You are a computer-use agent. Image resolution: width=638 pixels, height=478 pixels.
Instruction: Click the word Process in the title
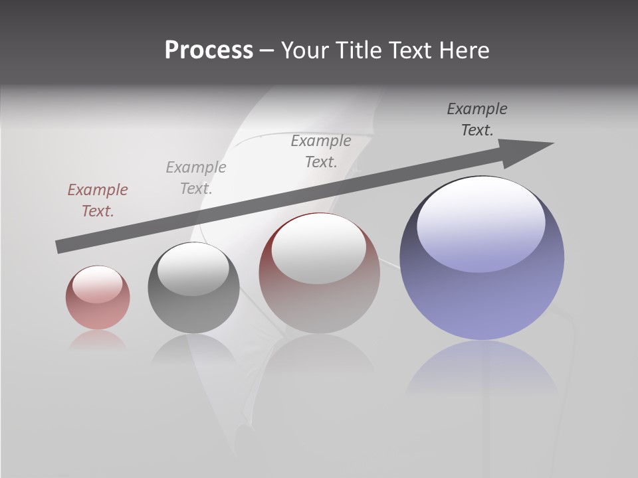click(x=209, y=50)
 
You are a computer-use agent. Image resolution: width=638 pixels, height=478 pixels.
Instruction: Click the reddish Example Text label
click(x=98, y=200)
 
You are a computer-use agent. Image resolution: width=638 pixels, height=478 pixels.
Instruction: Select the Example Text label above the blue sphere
click(x=477, y=119)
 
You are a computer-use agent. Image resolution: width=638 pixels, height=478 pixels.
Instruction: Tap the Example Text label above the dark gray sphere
click(x=196, y=178)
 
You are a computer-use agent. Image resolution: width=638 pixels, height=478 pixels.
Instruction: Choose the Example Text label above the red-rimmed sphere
click(x=321, y=151)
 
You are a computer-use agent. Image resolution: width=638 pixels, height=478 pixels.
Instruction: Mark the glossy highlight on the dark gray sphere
click(x=193, y=270)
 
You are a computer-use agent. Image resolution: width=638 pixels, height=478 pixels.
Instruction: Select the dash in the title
click(x=266, y=50)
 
